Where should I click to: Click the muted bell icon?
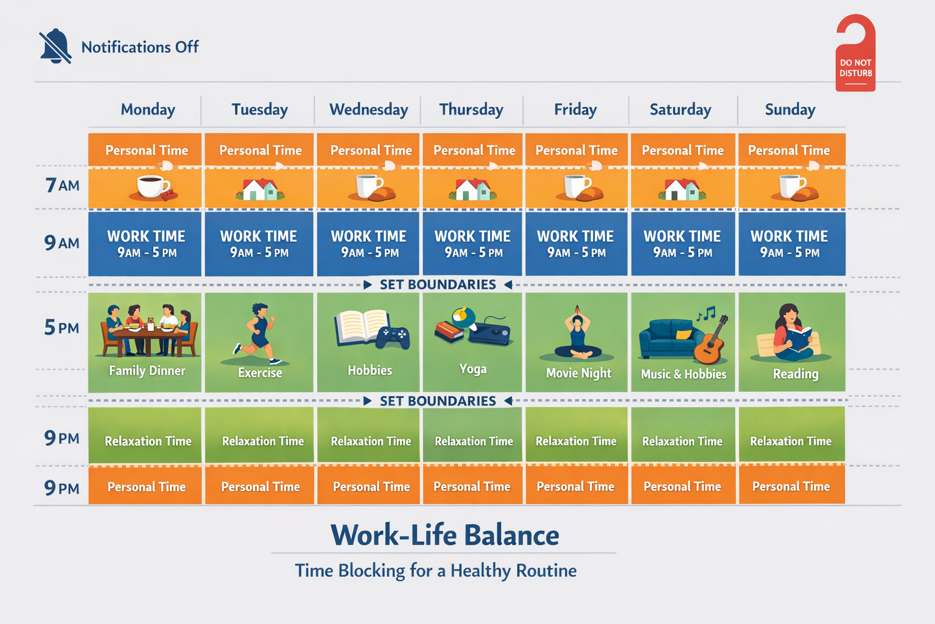[x=55, y=46]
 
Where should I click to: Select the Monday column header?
[x=148, y=110]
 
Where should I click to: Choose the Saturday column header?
[x=680, y=110]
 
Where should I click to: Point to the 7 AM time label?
[x=62, y=185]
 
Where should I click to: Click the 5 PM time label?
[x=61, y=328]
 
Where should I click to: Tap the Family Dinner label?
[x=147, y=370]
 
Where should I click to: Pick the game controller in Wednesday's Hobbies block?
[x=392, y=337]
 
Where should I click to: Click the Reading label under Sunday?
[x=795, y=374]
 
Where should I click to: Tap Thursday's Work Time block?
[x=472, y=243]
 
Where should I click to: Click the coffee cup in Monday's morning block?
[x=152, y=186]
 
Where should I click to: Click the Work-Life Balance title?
[x=444, y=535]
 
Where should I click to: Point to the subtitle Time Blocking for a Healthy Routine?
[x=435, y=571]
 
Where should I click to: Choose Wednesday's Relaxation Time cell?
[x=370, y=441]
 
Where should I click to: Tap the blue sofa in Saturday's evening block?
[x=666, y=339]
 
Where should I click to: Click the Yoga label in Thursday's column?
[x=472, y=369]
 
